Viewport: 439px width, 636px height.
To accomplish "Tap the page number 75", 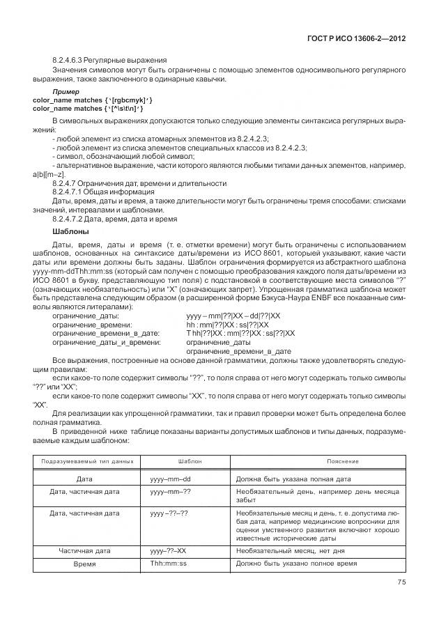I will pyautogui.click(x=401, y=583).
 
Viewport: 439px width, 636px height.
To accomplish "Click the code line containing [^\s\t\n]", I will pyautogui.click(x=88, y=109).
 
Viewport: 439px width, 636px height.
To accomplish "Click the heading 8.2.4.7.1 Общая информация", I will pyautogui.click(x=103, y=192).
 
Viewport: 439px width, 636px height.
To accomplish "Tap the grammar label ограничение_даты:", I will pyautogui.click(x=86, y=316).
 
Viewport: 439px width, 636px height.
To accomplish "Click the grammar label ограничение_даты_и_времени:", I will pyautogui.click(x=106, y=341).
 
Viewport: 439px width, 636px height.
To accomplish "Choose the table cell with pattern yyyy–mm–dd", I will pyautogui.click(x=171, y=479).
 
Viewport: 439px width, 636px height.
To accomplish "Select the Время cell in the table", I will pyautogui.click(x=84, y=564).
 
